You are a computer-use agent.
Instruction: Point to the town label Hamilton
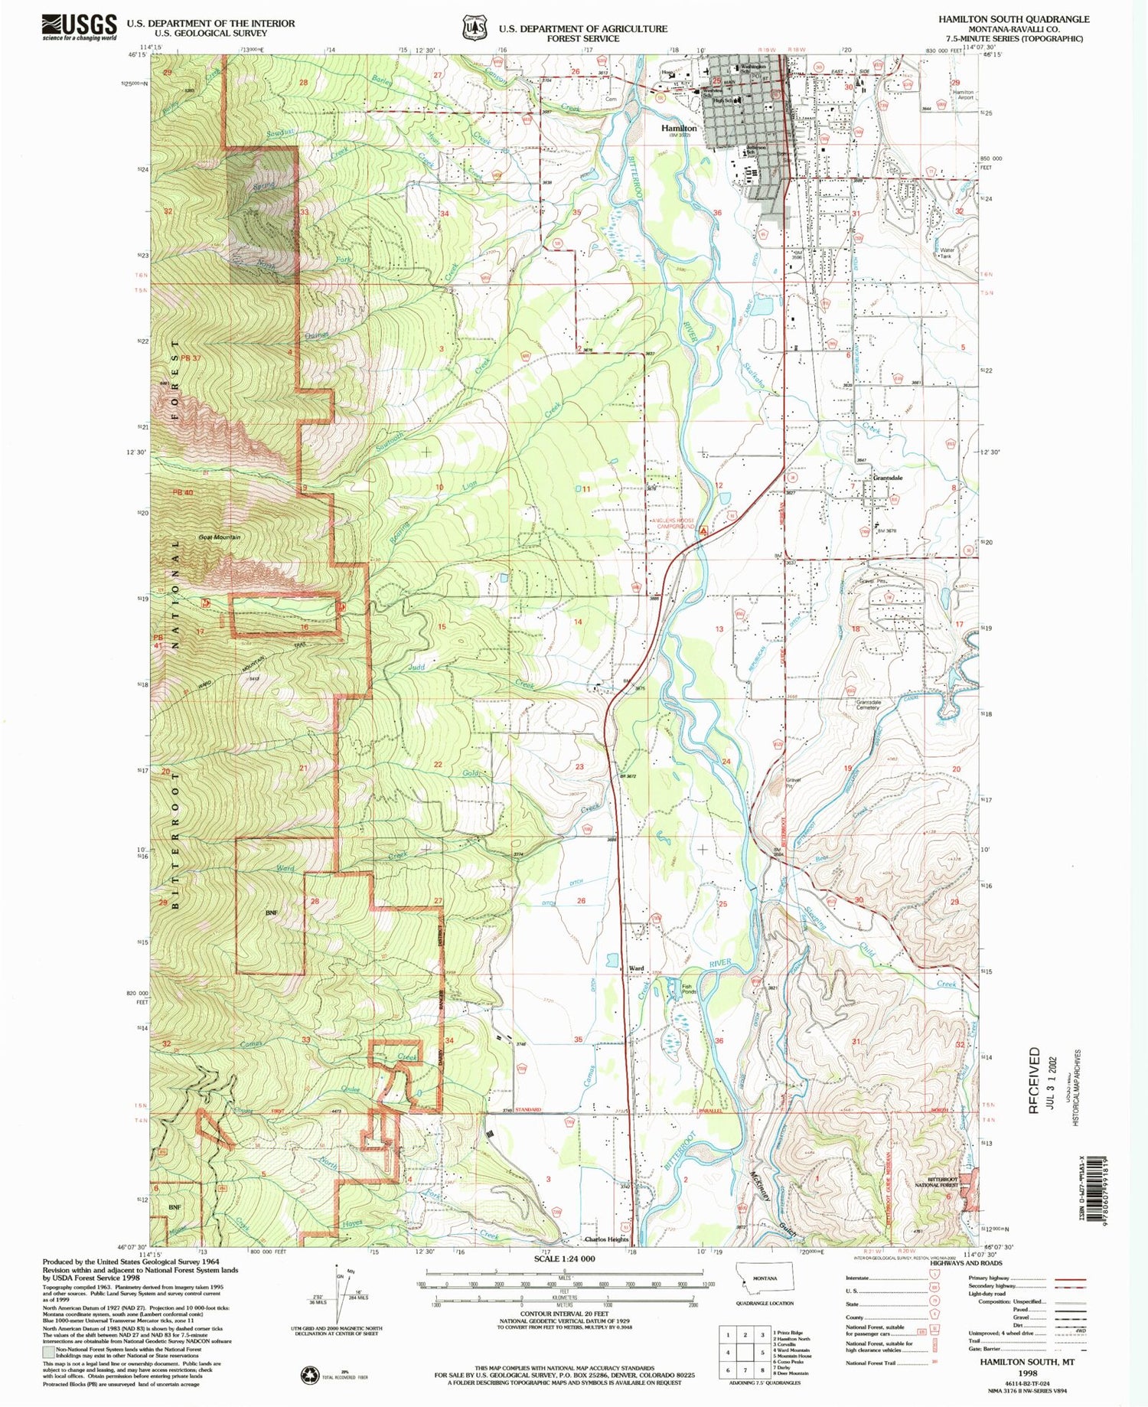pyautogui.click(x=679, y=129)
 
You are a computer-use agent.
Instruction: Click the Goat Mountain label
pyautogui.click(x=219, y=537)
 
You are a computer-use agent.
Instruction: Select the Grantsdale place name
pyautogui.click(x=888, y=478)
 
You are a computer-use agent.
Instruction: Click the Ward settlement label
pyautogui.click(x=636, y=968)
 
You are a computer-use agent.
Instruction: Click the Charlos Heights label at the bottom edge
pyautogui.click(x=606, y=1239)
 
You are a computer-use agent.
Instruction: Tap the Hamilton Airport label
pyautogui.click(x=964, y=95)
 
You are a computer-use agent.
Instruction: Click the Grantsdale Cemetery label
pyautogui.click(x=862, y=704)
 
